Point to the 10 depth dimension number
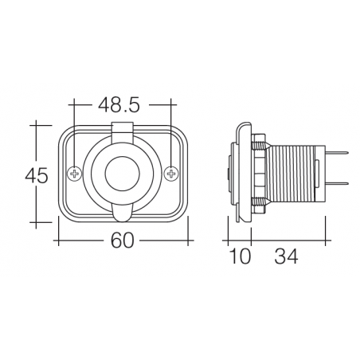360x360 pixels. coord(240,256)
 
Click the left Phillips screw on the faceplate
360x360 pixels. coord(74,174)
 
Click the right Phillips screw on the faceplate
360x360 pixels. coord(171,174)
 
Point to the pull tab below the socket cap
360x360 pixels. coord(123,210)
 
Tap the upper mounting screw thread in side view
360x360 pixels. coord(260,144)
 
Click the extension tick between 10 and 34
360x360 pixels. coord(252,239)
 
